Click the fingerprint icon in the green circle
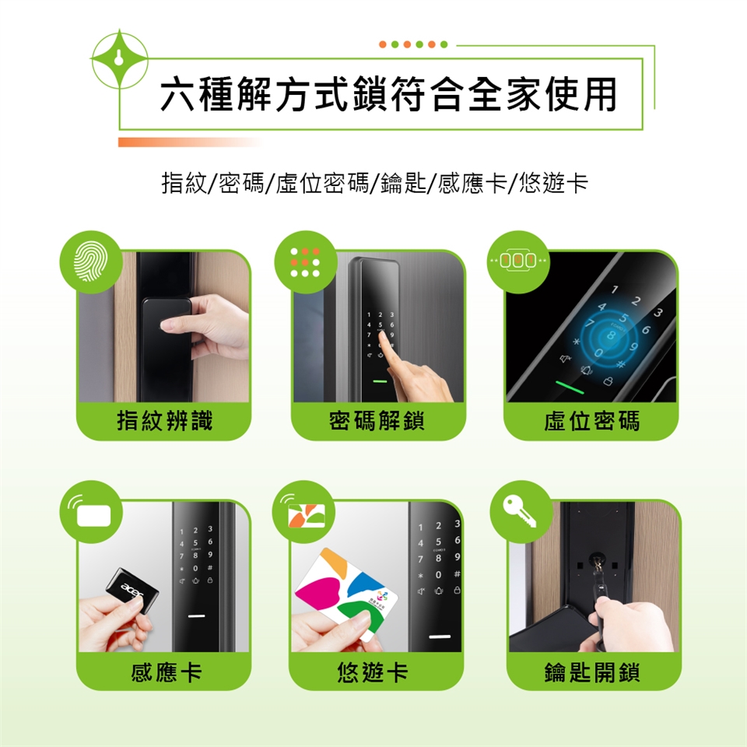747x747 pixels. coord(90,261)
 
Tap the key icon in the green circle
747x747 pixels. coord(520,511)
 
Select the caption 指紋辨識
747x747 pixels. coord(165,421)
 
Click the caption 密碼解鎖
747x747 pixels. coord(377,421)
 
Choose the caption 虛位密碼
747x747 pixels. coord(591,421)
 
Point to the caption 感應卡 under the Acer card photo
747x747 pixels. coord(166,672)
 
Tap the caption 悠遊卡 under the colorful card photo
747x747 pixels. coord(372,672)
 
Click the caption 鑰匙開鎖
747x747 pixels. coord(592,672)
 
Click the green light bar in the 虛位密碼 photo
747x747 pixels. coord(570,387)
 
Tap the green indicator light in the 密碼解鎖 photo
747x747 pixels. coord(380,381)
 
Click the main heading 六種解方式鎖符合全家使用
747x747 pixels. coord(388,94)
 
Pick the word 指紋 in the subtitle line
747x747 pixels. coord(184,183)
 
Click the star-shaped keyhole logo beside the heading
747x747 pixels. coord(119,59)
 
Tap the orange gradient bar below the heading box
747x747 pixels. coord(190,142)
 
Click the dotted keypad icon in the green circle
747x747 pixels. coord(305,262)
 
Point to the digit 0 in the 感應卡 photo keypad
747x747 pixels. coord(195,568)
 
